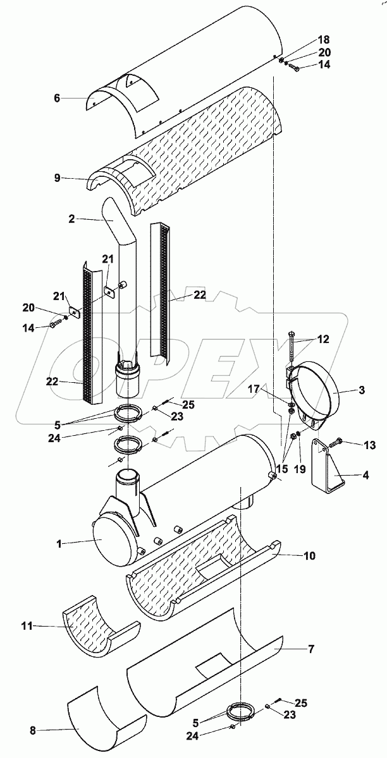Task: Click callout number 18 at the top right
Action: (x=324, y=40)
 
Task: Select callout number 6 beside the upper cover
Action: (x=56, y=99)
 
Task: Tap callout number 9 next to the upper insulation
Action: (x=57, y=177)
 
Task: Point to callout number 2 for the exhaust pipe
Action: (x=71, y=219)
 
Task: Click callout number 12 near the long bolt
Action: (x=324, y=339)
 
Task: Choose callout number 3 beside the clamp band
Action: (x=362, y=390)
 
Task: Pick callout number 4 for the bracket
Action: (x=365, y=475)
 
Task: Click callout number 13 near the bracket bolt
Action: (x=370, y=445)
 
